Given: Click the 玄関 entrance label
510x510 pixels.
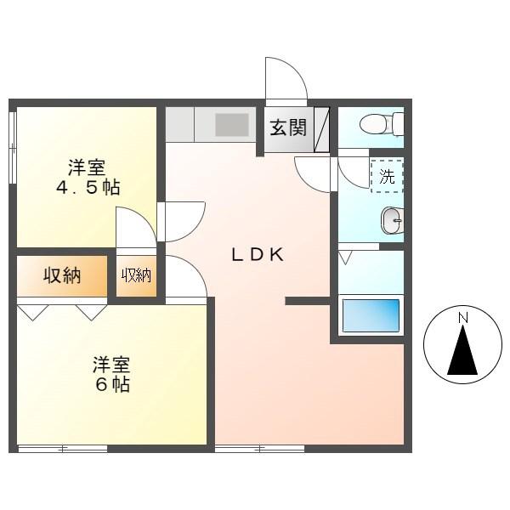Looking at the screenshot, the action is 288,127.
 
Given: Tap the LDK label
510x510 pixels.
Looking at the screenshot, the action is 258,255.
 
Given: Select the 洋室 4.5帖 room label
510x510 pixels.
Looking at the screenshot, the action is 88,178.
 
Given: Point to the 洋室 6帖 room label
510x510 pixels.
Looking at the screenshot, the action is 112,374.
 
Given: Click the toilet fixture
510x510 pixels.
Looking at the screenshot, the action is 382,124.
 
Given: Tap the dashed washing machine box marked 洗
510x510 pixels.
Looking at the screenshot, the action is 387,176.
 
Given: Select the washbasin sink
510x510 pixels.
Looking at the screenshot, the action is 392,220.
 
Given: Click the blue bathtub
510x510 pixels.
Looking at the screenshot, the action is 371,315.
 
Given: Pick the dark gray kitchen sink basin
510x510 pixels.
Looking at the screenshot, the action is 231,125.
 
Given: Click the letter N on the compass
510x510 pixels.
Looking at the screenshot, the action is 462,317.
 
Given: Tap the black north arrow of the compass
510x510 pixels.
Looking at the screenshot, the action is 462,350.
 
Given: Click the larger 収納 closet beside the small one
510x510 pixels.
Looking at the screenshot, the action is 62,276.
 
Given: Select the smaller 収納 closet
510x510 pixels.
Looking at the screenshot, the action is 136,276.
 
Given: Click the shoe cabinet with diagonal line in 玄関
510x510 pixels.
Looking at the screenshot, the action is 321,129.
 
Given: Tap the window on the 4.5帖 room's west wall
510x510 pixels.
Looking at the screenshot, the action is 13,148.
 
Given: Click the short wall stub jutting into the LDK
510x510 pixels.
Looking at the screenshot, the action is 308,301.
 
